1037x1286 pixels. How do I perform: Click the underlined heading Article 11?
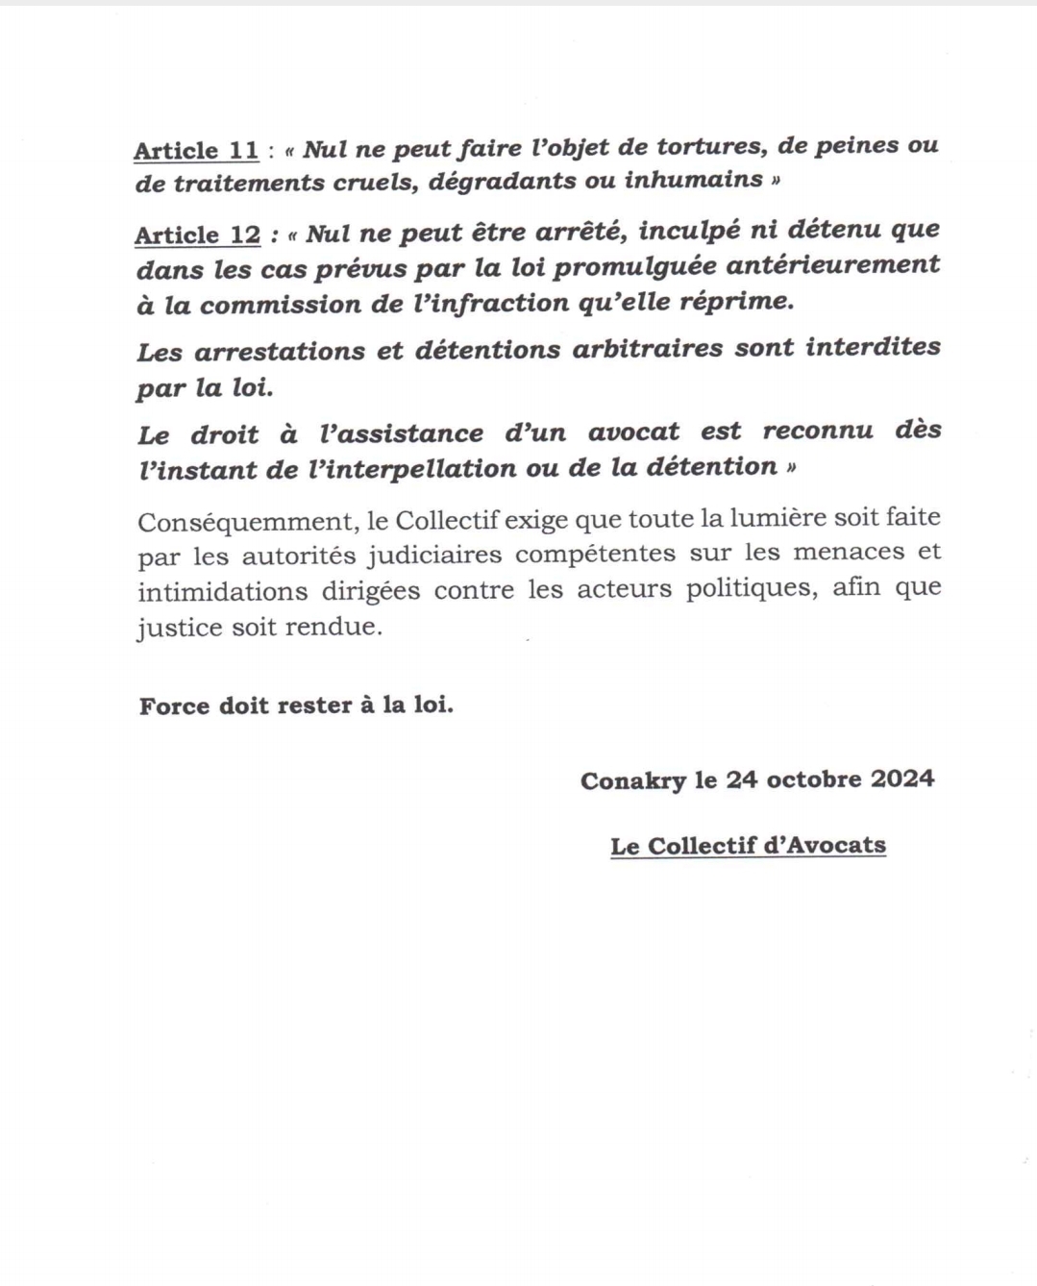point(196,151)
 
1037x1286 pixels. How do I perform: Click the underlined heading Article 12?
point(197,235)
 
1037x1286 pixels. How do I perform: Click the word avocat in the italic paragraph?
point(633,432)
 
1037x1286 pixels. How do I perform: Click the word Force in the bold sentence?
point(174,705)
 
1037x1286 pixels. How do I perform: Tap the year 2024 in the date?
point(902,778)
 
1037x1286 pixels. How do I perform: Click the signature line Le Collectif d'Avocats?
point(748,846)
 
